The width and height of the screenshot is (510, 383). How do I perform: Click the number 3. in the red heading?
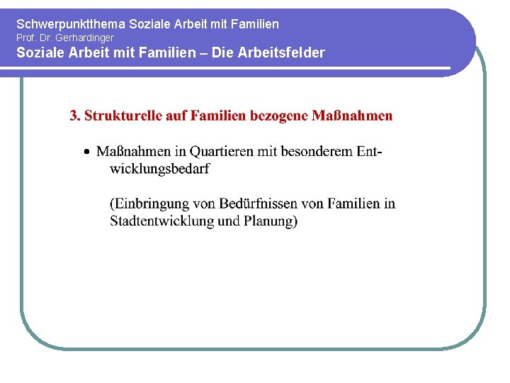(75, 116)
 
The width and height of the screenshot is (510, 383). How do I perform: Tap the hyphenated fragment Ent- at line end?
(369, 151)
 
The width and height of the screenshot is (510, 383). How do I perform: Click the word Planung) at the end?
(271, 221)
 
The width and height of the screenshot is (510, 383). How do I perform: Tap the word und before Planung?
(229, 221)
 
